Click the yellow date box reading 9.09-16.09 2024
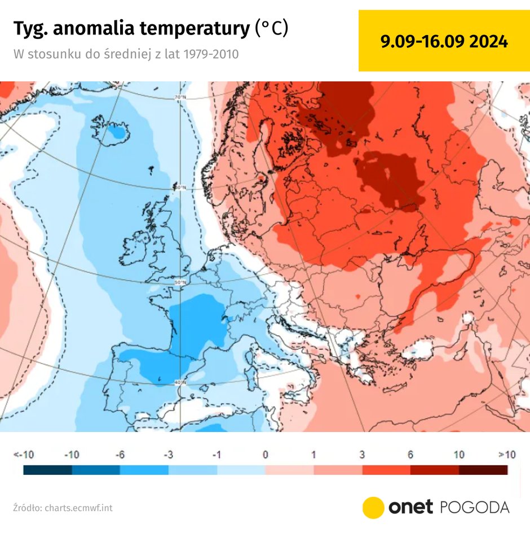click(x=444, y=41)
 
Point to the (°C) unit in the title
click(x=272, y=28)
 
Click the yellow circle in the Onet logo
click(x=373, y=507)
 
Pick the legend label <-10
click(x=24, y=455)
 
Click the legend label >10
click(x=506, y=455)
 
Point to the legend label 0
click(x=265, y=455)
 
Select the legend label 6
click(x=410, y=455)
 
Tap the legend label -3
click(x=169, y=455)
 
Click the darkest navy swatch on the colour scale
click(x=48, y=470)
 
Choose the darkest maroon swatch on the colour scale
click(x=483, y=470)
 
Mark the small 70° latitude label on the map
click(x=180, y=98)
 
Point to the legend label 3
click(x=362, y=455)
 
